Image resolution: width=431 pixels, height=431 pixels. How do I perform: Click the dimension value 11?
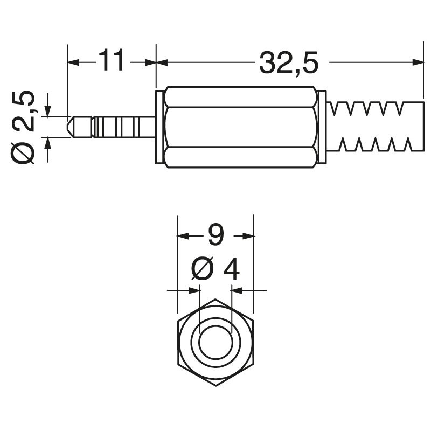pyautogui.click(x=112, y=61)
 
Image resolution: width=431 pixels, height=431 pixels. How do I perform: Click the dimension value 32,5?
pyautogui.click(x=289, y=63)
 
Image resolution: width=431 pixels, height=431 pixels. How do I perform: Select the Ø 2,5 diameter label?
pyautogui.click(x=24, y=127)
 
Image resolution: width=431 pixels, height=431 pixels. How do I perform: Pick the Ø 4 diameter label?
pyautogui.click(x=215, y=269)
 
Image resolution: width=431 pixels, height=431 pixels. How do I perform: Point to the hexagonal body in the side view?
pyautogui.click(x=240, y=127)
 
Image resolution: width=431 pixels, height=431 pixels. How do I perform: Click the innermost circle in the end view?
pyautogui.click(x=215, y=342)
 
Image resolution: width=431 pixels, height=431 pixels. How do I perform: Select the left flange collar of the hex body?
pyautogui.click(x=159, y=127)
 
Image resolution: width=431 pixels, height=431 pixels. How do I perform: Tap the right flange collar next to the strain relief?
pyautogui.click(x=322, y=127)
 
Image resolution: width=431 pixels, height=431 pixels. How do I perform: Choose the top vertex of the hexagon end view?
pyautogui.click(x=215, y=300)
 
